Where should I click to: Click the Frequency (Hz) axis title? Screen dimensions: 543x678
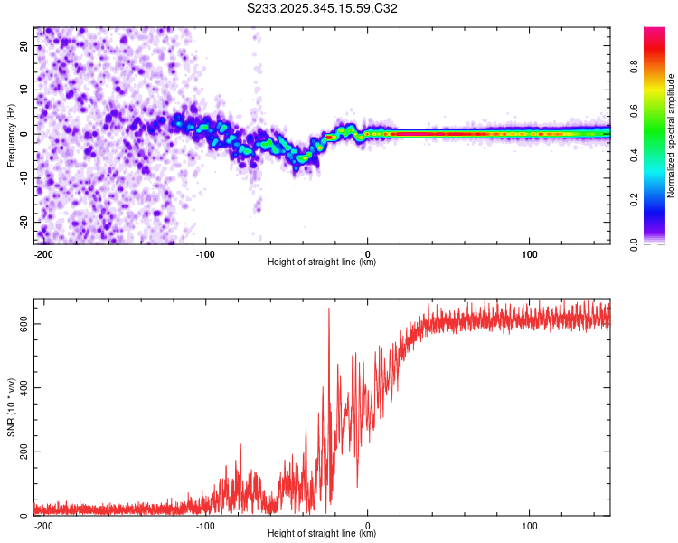click(x=10, y=136)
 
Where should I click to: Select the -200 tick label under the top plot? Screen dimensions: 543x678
click(x=43, y=252)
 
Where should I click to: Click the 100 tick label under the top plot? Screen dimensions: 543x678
click(x=529, y=252)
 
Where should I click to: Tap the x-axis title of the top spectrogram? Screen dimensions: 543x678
click(x=322, y=262)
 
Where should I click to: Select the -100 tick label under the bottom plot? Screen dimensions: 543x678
click(x=205, y=524)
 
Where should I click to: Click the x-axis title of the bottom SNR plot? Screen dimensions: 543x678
click(x=322, y=534)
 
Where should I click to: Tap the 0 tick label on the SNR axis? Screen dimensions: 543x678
click(x=26, y=516)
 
